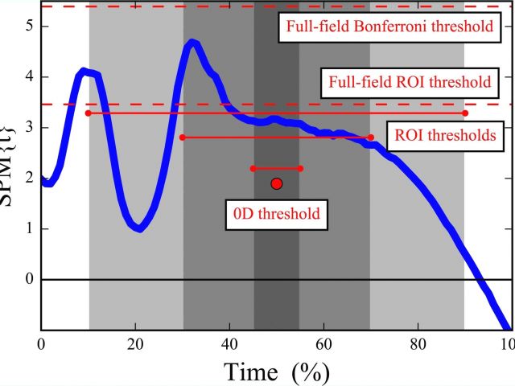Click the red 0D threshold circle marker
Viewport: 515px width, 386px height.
[x=277, y=183]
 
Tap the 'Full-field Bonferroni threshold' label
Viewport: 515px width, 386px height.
[x=386, y=27]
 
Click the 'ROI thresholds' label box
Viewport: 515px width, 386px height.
[x=445, y=134]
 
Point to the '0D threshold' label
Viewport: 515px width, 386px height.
[x=276, y=214]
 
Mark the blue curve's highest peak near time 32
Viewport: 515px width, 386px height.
[x=192, y=43]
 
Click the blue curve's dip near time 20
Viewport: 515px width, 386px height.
[x=139, y=228]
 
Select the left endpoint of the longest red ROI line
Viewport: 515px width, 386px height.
[x=89, y=113]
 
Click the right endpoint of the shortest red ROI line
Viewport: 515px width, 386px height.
[x=301, y=168]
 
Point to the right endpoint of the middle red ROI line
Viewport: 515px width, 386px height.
[x=371, y=138]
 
